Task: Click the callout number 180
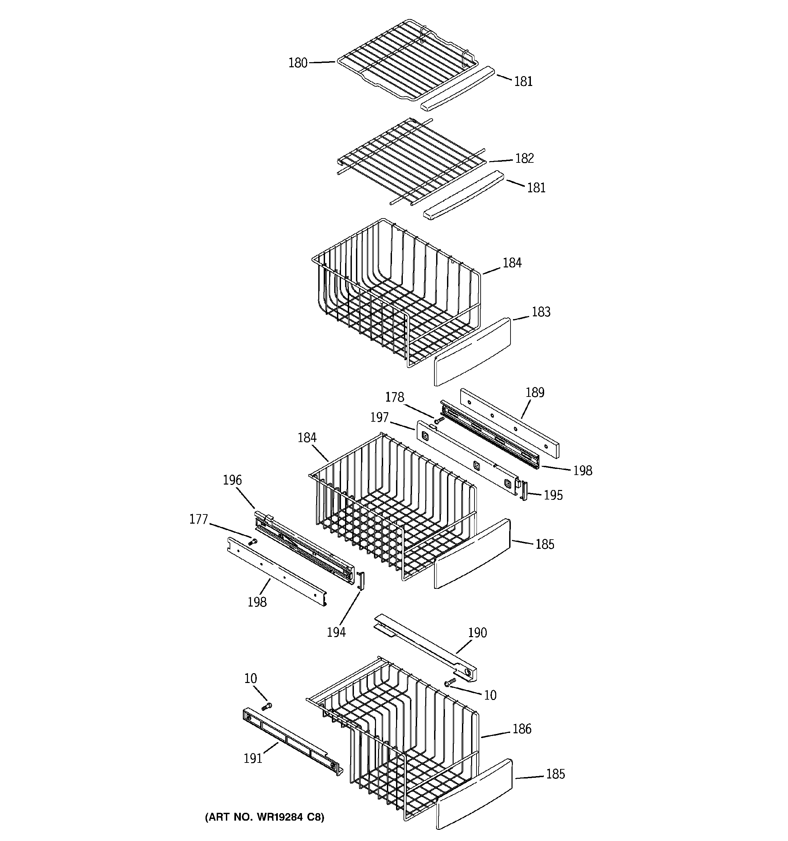click(298, 63)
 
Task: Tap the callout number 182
click(524, 158)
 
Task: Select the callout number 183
click(541, 312)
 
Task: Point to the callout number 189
click(535, 392)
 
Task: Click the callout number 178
click(394, 397)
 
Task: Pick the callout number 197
click(379, 417)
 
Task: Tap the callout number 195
click(553, 495)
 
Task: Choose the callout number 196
click(232, 480)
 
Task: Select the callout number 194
click(336, 632)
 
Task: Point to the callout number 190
click(478, 633)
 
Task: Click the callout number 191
click(253, 758)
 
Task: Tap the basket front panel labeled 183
click(472, 352)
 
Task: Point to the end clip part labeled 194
click(361, 580)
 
